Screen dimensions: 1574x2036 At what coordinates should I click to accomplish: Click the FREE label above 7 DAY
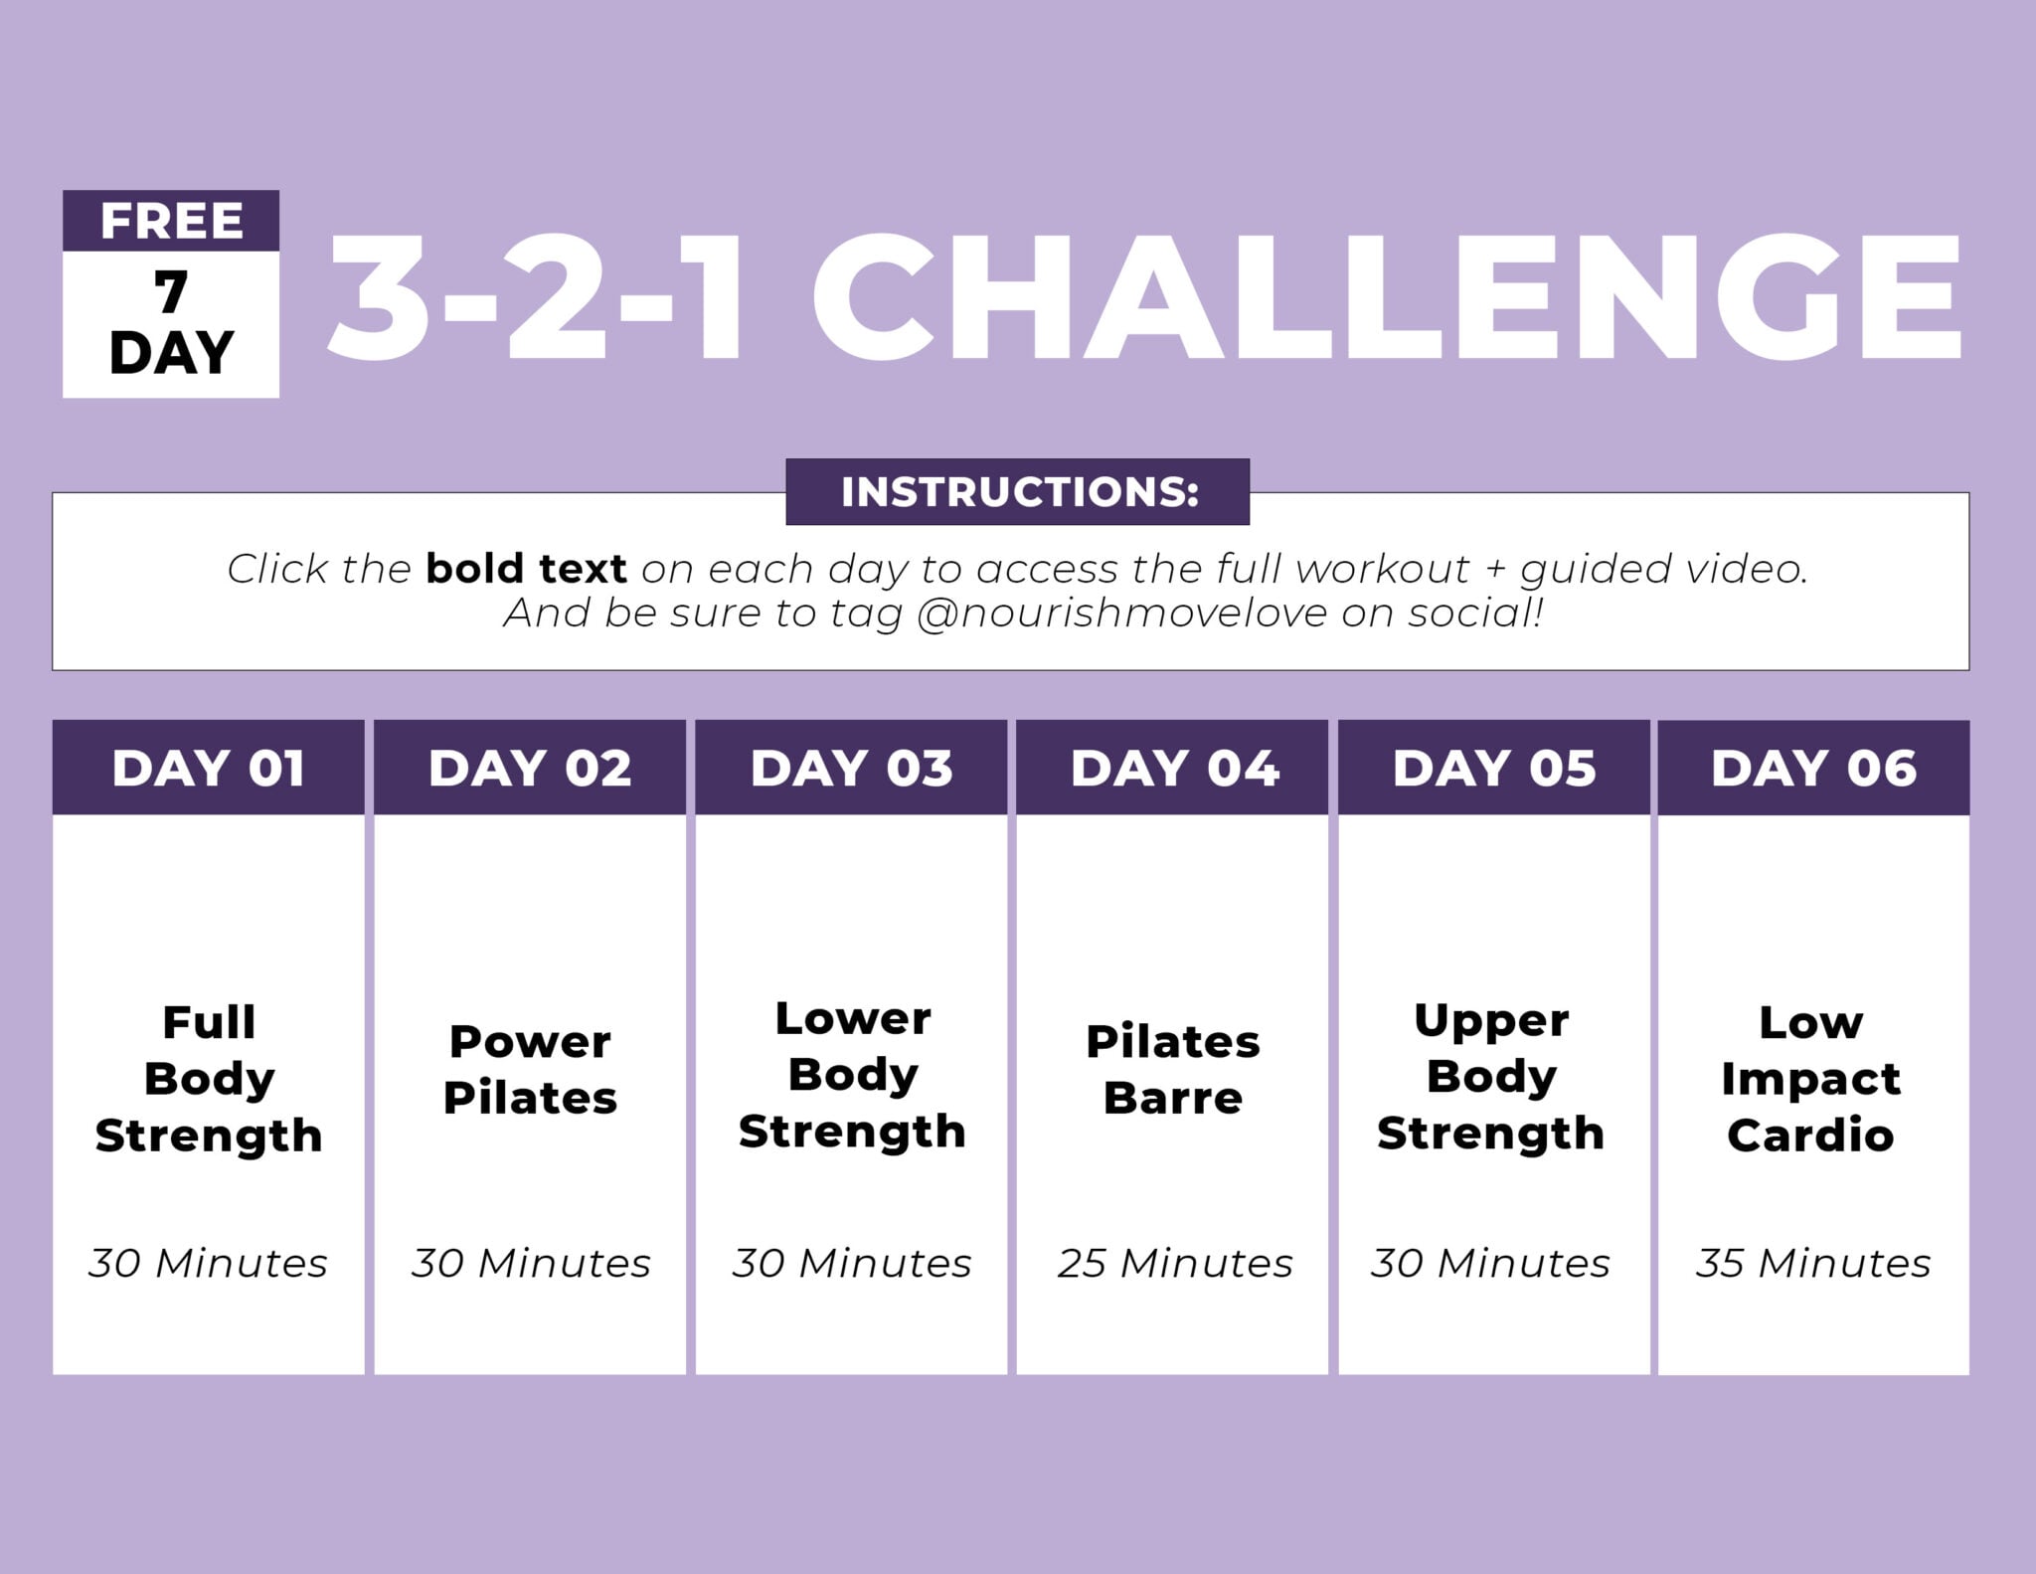click(171, 221)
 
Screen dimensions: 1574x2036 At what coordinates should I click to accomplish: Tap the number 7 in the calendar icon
click(171, 292)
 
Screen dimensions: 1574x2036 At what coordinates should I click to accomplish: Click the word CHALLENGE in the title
click(1386, 298)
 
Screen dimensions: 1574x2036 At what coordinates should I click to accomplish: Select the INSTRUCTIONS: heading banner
click(1018, 492)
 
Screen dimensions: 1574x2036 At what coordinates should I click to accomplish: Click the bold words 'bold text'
click(526, 569)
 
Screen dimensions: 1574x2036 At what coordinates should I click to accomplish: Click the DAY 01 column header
click(209, 769)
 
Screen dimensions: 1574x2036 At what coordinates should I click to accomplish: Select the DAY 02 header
click(530, 769)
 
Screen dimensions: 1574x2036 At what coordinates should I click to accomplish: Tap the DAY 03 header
click(852, 769)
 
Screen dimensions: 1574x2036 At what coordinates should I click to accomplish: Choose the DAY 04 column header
click(1174, 769)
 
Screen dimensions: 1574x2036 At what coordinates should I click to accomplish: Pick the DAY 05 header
click(1494, 769)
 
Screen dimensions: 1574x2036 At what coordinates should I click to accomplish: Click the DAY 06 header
click(1814, 769)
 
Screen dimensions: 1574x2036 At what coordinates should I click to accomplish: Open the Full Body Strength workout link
click(209, 1079)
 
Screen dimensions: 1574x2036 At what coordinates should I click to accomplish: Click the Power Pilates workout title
click(530, 1070)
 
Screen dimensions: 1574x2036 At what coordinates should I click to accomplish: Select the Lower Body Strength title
click(852, 1075)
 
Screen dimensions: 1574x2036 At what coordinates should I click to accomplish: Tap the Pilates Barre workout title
click(1173, 1070)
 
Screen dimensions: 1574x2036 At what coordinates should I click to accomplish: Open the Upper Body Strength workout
click(1491, 1077)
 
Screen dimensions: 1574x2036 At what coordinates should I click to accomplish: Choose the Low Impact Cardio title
click(1810, 1079)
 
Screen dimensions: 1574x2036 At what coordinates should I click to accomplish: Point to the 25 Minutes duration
click(1174, 1263)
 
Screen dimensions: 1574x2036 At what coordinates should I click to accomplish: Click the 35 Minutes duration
click(1813, 1263)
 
